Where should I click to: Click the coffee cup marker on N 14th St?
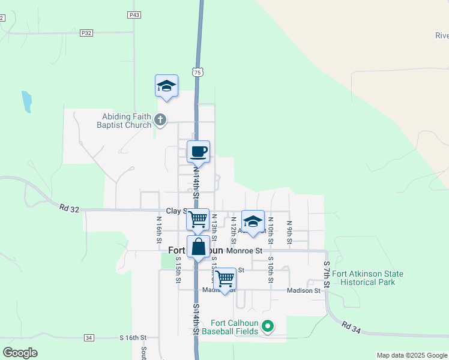(198, 151)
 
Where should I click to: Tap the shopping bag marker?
(198, 246)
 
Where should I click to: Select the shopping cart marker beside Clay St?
(198, 219)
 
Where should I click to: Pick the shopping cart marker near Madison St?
(224, 278)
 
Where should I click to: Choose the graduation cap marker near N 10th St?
(253, 221)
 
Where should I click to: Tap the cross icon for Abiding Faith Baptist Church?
(160, 121)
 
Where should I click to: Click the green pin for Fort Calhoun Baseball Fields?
(268, 327)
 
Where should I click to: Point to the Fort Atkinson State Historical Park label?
(367, 278)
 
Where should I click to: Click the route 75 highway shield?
(197, 72)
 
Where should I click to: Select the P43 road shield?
(134, 14)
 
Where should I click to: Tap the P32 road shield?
(86, 33)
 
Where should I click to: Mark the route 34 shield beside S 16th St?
(89, 338)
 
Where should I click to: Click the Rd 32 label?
(70, 208)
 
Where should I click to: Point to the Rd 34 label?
(352, 326)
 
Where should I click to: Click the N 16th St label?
(159, 228)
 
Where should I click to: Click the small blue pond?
(26, 101)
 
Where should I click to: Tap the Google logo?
(20, 353)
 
